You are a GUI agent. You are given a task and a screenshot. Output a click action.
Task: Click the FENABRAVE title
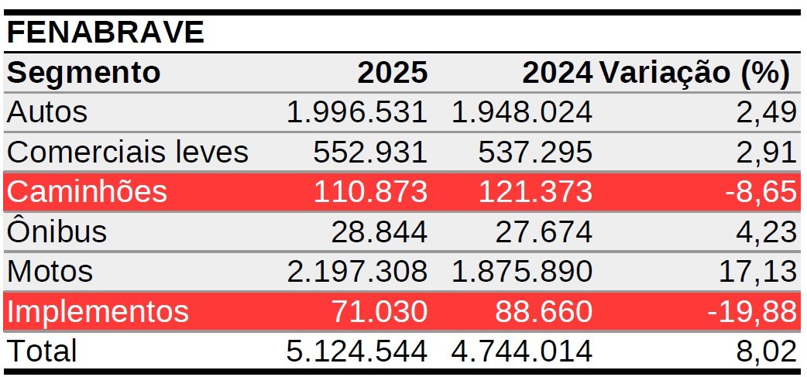pos(105,33)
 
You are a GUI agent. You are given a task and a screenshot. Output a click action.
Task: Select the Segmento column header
pos(84,73)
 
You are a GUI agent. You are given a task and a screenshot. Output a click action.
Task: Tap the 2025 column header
pos(392,73)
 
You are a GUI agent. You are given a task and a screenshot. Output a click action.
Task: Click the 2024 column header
pos(557,73)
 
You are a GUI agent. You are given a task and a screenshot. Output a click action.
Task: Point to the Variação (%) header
pos(695,73)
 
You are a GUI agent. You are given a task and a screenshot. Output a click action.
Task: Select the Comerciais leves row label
pos(127,152)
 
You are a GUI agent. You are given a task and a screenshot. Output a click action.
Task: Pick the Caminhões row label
pos(86,191)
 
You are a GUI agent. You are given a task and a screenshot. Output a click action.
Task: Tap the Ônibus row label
pos(57,231)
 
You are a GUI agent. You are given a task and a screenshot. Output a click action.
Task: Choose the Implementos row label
pos(97,311)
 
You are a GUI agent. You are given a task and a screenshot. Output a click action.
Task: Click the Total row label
pos(42,351)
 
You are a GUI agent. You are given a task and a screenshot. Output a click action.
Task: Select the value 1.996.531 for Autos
pos(356,112)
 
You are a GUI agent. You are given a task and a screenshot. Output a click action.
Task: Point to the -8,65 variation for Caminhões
pos(761,191)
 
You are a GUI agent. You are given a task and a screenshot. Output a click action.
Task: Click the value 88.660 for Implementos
pos(541,311)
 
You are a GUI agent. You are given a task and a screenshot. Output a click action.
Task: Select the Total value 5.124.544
pos(356,351)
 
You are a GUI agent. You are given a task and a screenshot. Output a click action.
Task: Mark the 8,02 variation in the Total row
pos(767,351)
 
